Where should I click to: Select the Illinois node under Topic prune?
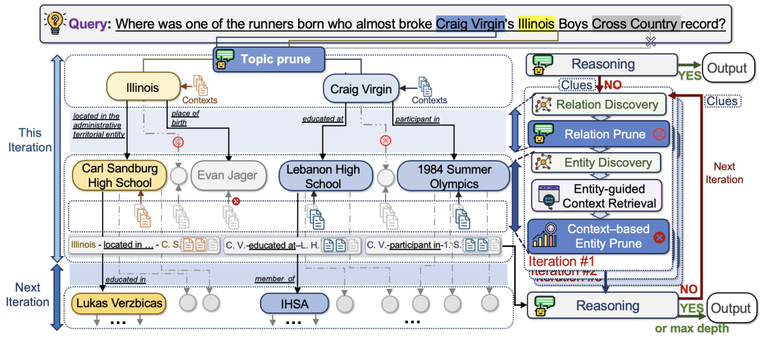click(142, 88)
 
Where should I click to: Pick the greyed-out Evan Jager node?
click(228, 174)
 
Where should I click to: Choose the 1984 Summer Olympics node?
click(454, 175)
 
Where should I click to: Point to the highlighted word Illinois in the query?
click(536, 25)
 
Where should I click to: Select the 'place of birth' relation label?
click(186, 118)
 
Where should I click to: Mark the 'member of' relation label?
click(274, 280)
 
